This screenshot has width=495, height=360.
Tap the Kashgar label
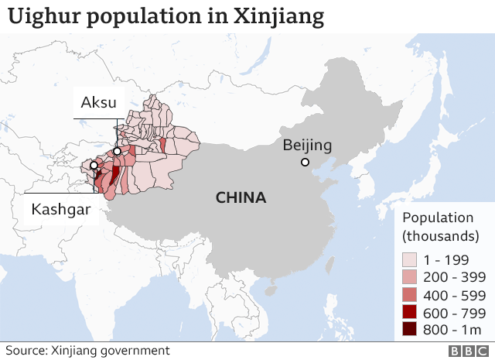(61, 209)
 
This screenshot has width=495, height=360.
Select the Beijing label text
(307, 145)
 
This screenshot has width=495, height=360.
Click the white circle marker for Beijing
(306, 162)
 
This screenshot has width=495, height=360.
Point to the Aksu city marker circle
(117, 152)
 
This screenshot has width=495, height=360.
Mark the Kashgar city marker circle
(94, 166)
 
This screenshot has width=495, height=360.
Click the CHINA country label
(241, 198)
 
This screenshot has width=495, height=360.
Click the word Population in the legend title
(438, 218)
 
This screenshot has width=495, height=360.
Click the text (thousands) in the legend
(441, 235)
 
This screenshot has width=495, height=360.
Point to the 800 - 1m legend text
(453, 331)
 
